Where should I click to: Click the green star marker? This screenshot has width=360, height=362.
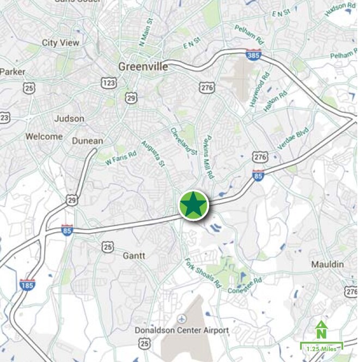[193, 206]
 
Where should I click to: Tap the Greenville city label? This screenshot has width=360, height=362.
[143, 67]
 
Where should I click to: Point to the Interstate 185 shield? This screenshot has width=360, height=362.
[27, 284]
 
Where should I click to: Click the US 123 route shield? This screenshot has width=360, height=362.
[108, 82]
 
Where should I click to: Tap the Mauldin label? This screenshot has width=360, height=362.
[327, 264]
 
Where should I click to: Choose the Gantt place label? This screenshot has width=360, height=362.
[133, 256]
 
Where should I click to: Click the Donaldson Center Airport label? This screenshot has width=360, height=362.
[182, 330]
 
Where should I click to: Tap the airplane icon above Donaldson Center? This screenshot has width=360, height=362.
[182, 318]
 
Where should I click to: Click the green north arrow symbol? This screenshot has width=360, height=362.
[321, 330]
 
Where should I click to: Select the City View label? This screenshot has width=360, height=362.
[60, 43]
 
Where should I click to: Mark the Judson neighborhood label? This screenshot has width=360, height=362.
[69, 118]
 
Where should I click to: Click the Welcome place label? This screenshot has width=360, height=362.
[44, 136]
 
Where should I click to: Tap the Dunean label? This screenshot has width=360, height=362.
[87, 141]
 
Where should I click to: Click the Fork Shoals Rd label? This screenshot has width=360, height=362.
[204, 273]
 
